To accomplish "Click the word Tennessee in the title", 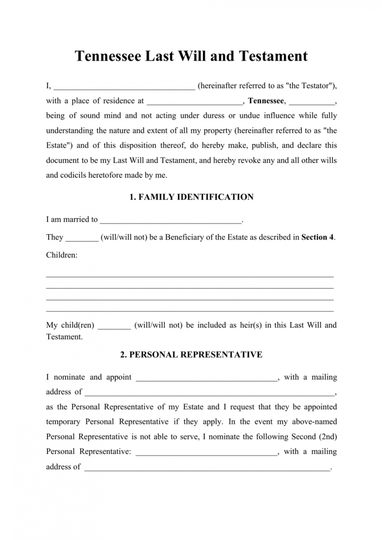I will [x=107, y=56].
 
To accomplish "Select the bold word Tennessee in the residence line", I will [x=266, y=101].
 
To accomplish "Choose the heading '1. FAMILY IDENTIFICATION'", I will [x=191, y=197].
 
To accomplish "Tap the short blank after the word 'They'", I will [x=82, y=238].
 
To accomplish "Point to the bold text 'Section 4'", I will [x=317, y=237].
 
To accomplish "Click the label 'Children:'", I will [x=62, y=255].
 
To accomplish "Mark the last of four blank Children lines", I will [x=190, y=311].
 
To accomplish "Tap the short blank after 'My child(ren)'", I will [x=114, y=326].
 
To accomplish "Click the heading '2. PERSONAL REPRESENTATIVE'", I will [x=191, y=355].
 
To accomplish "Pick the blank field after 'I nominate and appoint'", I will [x=206, y=378].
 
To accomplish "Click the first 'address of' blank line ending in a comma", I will [x=209, y=393].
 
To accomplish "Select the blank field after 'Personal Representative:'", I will [x=206, y=452].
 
